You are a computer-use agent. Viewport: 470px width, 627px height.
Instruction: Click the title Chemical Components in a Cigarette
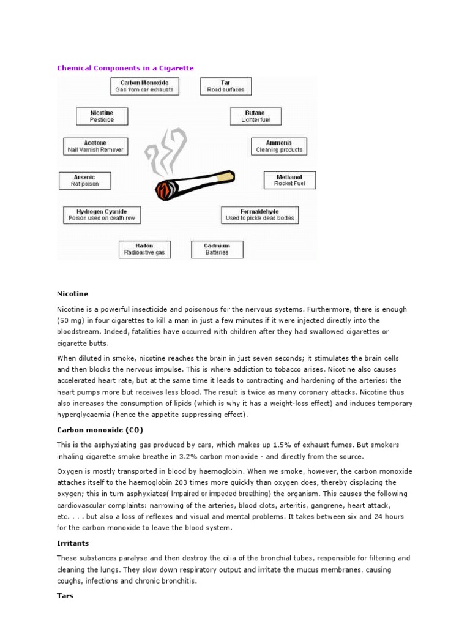tap(125, 68)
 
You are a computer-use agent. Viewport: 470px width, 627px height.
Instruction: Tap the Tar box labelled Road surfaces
tap(225, 86)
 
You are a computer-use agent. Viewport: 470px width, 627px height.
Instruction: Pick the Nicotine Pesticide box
tap(102, 116)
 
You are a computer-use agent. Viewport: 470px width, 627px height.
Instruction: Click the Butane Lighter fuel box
tap(255, 116)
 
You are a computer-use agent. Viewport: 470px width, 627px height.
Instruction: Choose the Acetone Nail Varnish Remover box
tap(96, 146)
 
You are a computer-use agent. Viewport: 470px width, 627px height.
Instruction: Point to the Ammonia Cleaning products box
tap(279, 146)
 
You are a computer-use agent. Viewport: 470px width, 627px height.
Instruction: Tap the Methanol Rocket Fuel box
tap(289, 180)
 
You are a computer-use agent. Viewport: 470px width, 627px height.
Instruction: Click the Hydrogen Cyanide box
tap(102, 214)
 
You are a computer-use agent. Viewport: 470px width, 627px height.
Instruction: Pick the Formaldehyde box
tap(259, 214)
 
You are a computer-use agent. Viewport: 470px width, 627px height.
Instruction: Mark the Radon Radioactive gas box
tap(144, 249)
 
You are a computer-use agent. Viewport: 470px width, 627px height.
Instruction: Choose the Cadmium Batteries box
tap(217, 249)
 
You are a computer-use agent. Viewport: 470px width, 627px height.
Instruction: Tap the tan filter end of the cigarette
tap(226, 176)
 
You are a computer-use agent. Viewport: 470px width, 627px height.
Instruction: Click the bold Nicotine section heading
tap(72, 294)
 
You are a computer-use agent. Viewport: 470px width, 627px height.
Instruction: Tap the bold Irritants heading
tap(73, 543)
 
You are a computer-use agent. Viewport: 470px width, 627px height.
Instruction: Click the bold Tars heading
tap(65, 596)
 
